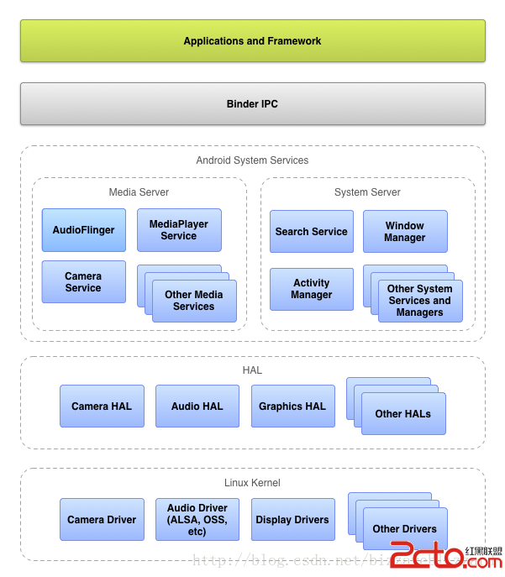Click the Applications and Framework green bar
pyautogui.click(x=252, y=40)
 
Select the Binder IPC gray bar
pyautogui.click(x=252, y=104)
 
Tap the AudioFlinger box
pyautogui.click(x=83, y=230)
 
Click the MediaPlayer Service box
pyautogui.click(x=179, y=230)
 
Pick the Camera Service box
pyautogui.click(x=83, y=281)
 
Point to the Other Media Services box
pyautogui.click(x=194, y=301)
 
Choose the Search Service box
pyautogui.click(x=311, y=231)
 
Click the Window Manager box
pyautogui.click(x=405, y=231)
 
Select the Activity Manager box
pyautogui.click(x=311, y=289)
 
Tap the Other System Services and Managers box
pyautogui.click(x=419, y=301)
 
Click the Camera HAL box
pyautogui.click(x=102, y=406)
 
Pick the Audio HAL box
pyautogui.click(x=197, y=406)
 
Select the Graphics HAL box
pyautogui.click(x=292, y=406)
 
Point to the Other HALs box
pyautogui.click(x=403, y=413)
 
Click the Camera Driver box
pyautogui.click(x=102, y=519)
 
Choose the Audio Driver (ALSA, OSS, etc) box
pyautogui.click(x=197, y=519)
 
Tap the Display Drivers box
pyautogui.click(x=292, y=519)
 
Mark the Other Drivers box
pyautogui.click(x=404, y=528)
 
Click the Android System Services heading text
pyautogui.click(x=252, y=160)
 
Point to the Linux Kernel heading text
pyautogui.click(x=252, y=483)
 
